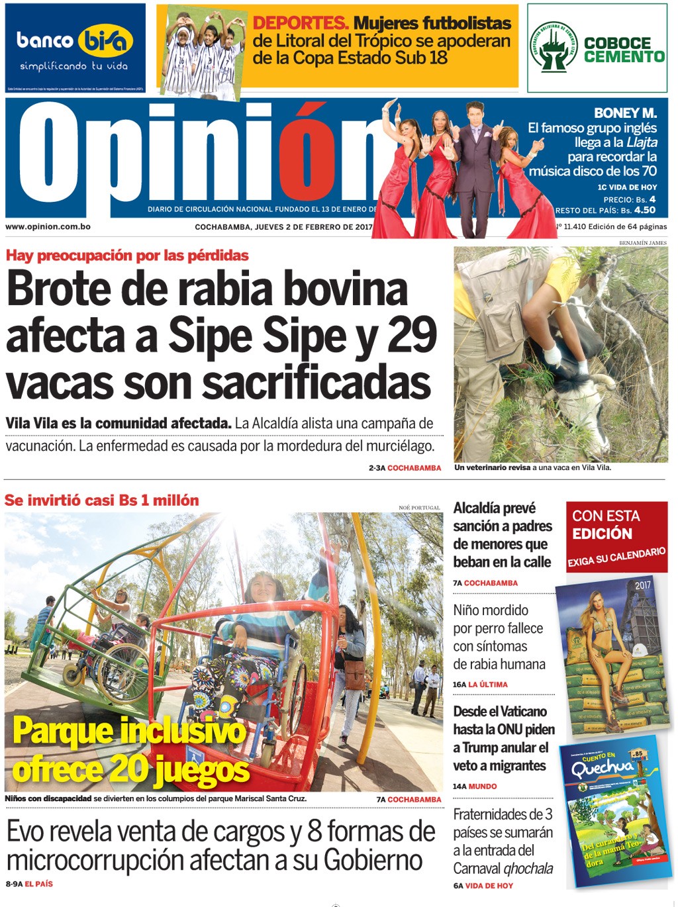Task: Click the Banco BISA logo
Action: [x=75, y=41]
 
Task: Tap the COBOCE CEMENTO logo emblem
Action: [x=554, y=48]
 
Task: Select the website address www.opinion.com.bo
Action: [x=48, y=226]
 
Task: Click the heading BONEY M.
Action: [x=625, y=113]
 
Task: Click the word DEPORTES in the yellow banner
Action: [x=301, y=23]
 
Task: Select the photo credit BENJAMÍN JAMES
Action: [x=642, y=243]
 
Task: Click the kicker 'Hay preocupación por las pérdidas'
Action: [x=127, y=256]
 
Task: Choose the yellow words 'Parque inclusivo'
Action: [x=129, y=732]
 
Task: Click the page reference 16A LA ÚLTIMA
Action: [x=480, y=685]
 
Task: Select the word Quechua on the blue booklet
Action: [x=603, y=768]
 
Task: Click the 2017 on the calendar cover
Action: [x=642, y=585]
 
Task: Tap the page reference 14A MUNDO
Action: [x=475, y=787]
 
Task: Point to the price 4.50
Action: [x=644, y=210]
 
